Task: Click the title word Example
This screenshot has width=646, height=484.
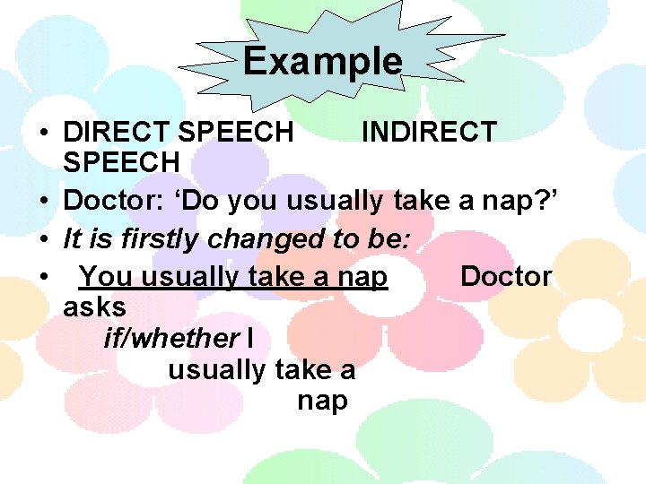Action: pyautogui.click(x=322, y=61)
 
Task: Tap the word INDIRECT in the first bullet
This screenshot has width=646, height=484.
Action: pyautogui.click(x=428, y=132)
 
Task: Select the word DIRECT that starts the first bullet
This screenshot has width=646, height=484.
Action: pyautogui.click(x=117, y=132)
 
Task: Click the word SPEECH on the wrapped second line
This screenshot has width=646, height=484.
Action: pyautogui.click(x=121, y=163)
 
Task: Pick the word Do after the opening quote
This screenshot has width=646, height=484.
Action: pyautogui.click(x=202, y=201)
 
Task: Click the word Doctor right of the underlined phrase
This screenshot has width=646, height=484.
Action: pyautogui.click(x=506, y=276)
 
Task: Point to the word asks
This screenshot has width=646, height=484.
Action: pyautogui.click(x=94, y=307)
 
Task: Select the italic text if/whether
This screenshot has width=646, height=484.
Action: pyautogui.click(x=171, y=338)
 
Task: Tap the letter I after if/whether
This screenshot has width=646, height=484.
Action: pyautogui.click(x=249, y=338)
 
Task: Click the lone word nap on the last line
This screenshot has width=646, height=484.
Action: pyautogui.click(x=322, y=401)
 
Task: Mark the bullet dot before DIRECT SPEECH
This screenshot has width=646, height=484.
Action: pyautogui.click(x=43, y=133)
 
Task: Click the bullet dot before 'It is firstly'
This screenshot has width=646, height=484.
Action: pyautogui.click(x=43, y=239)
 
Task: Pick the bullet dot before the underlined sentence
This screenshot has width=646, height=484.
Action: pyautogui.click(x=43, y=277)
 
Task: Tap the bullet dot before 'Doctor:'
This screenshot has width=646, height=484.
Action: pyautogui.click(x=43, y=202)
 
